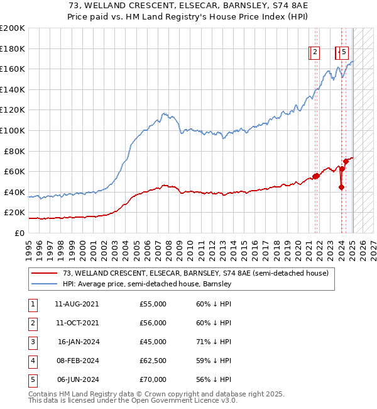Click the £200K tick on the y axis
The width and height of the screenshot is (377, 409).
13,28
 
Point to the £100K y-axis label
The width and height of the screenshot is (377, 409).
13,131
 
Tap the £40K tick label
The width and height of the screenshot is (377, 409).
15,192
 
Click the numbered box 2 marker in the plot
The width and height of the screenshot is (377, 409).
314,53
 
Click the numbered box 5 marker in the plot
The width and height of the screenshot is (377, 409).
344,53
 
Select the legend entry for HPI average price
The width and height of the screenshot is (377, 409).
147,284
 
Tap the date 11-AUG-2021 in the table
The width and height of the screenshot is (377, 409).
77,304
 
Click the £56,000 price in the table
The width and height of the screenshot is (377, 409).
153,323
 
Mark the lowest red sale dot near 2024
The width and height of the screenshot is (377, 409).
341,187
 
